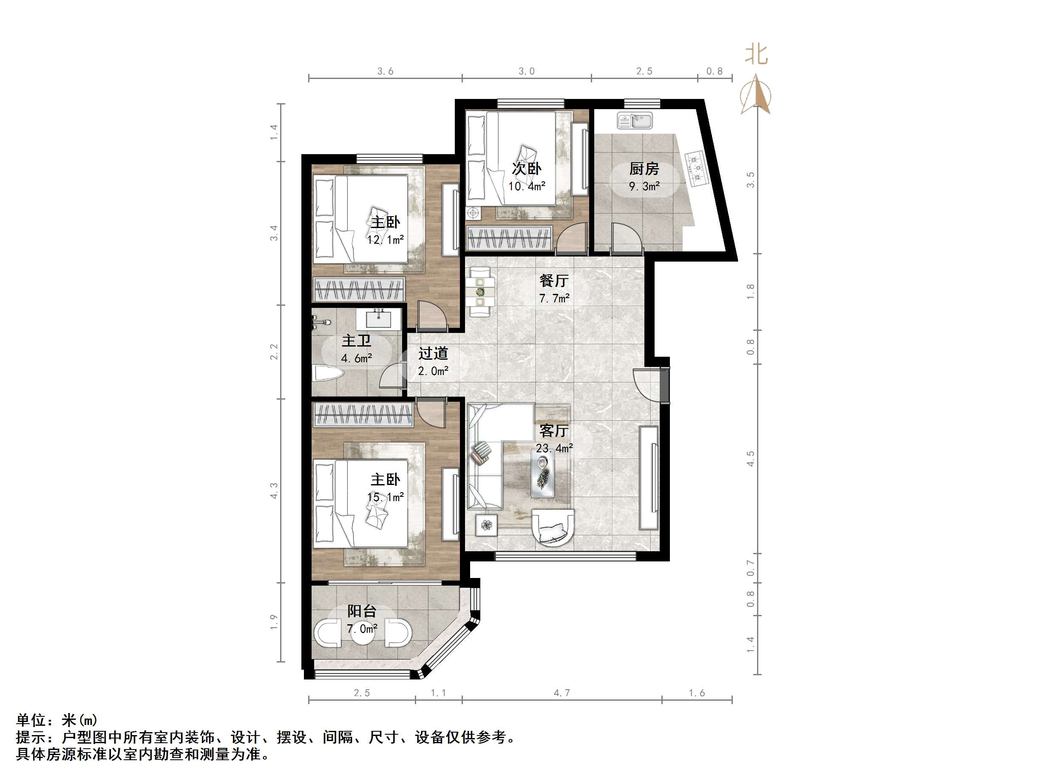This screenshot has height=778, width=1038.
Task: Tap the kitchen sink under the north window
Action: tap(635, 121)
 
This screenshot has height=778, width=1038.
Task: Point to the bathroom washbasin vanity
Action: tap(378, 319)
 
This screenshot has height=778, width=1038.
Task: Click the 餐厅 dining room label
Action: tap(554, 280)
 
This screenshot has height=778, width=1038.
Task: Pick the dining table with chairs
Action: tap(479, 292)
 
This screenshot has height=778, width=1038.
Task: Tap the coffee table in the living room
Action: tap(542, 473)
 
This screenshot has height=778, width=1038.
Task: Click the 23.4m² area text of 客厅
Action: tap(554, 448)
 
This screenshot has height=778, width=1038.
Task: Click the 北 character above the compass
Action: tap(757, 55)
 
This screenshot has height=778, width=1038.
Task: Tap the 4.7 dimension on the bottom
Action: tap(561, 693)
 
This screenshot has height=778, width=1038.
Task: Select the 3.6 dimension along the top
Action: tap(385, 71)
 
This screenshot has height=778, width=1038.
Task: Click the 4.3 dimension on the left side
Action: tap(274, 490)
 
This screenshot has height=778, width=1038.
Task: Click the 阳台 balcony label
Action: tap(361, 611)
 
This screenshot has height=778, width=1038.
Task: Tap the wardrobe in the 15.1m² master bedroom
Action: tap(363, 415)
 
